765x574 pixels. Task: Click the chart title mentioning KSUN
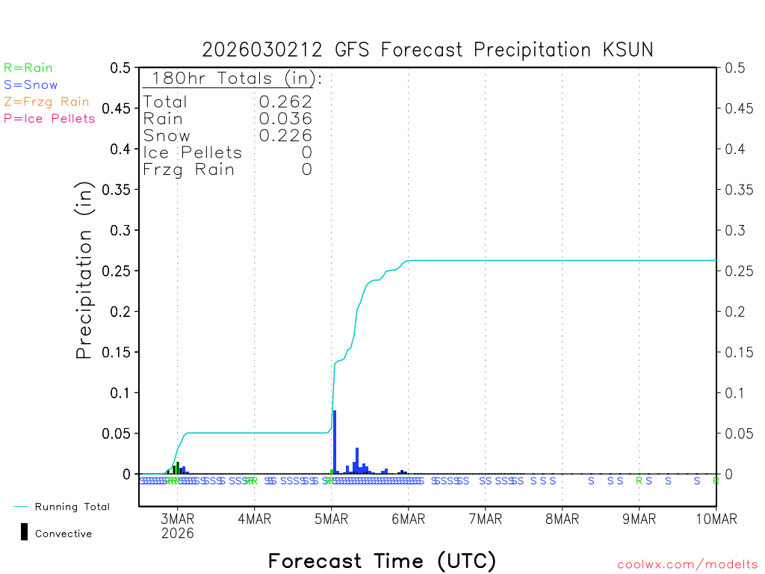427,50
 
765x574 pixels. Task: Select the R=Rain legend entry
28,68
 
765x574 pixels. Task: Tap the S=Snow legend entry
31,85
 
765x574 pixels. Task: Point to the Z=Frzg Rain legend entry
46,102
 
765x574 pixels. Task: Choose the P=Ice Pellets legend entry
49,118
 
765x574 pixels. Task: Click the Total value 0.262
285,102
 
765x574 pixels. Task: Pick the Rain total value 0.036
285,118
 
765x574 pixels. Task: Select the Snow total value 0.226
285,135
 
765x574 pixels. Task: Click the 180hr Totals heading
233,78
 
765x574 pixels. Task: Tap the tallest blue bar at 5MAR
335,442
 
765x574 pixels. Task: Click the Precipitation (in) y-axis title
85,271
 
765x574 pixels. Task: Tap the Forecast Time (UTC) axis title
382,561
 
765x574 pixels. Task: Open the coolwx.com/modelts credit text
687,565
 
